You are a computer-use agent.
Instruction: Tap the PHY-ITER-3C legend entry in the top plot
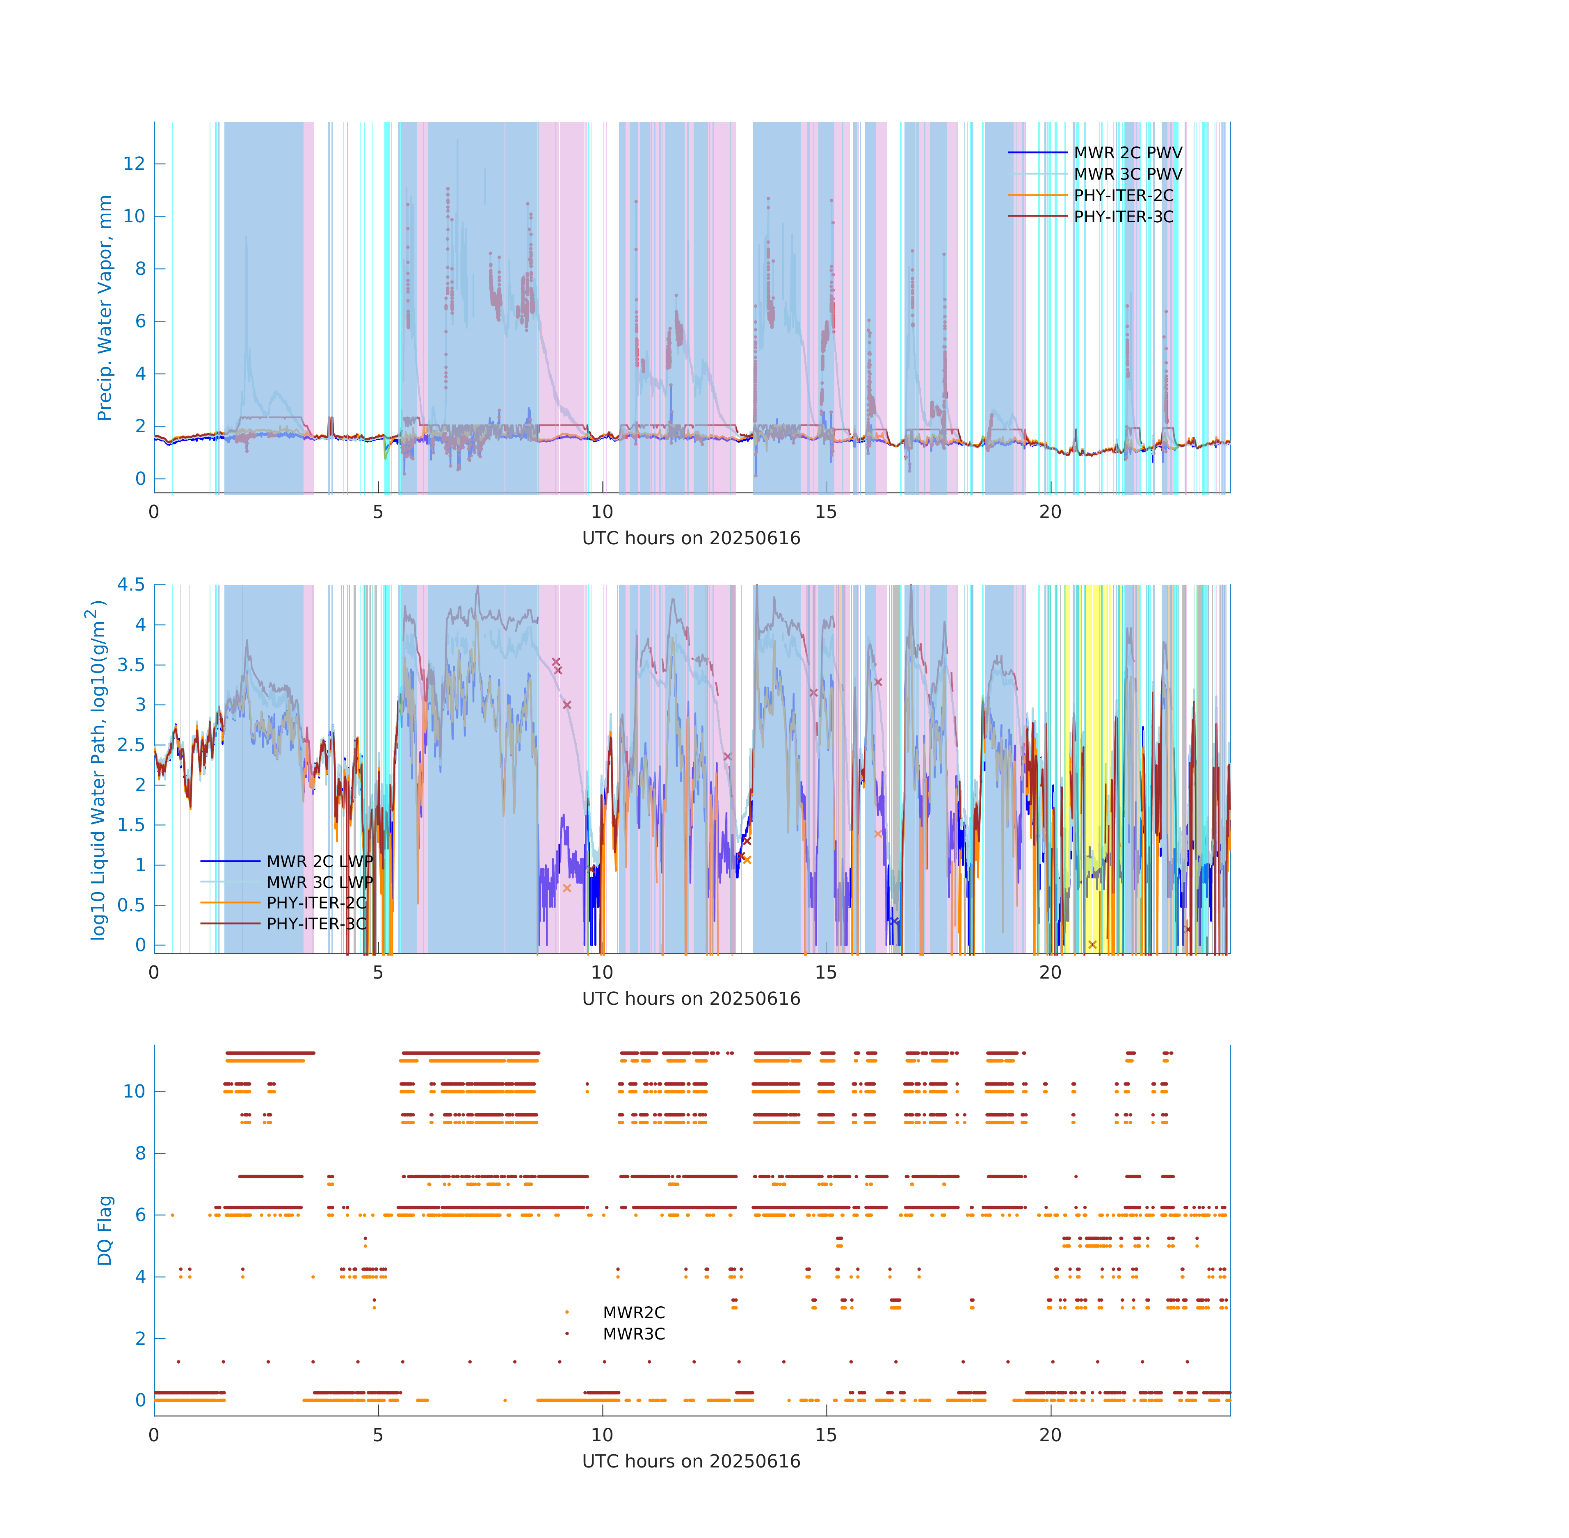point(1123,217)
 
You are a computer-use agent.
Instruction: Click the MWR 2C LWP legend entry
point(320,861)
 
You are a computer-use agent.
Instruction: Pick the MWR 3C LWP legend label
point(320,882)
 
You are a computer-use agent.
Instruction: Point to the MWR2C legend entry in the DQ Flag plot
point(633,1312)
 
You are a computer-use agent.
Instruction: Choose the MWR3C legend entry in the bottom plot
point(633,1334)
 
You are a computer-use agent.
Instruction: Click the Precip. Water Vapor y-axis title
point(104,308)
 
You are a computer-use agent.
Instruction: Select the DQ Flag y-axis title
point(104,1230)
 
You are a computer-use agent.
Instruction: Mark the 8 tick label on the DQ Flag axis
point(141,1153)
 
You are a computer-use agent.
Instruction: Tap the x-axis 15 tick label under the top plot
point(826,512)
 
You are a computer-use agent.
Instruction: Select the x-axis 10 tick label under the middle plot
point(602,972)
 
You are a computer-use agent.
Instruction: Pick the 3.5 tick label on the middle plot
point(131,665)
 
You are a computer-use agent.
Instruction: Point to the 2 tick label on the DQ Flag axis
point(141,1339)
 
